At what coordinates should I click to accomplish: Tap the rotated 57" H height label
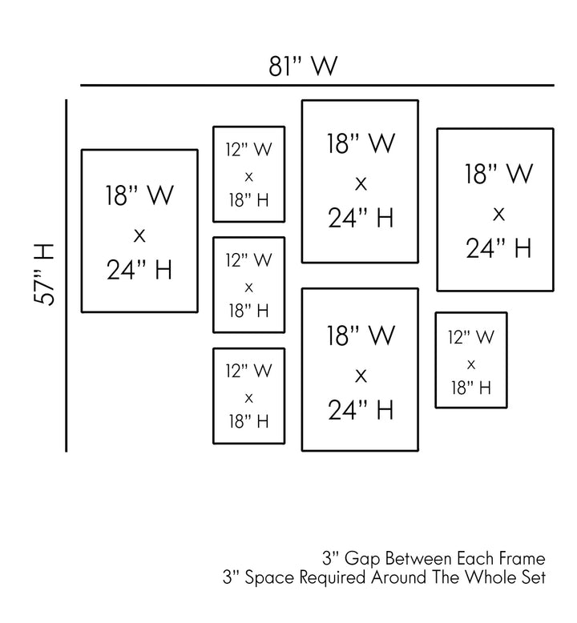45,274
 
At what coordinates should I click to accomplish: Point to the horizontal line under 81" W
317,85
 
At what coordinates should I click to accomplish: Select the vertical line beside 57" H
67,275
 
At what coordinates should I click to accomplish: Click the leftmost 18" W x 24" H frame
139,231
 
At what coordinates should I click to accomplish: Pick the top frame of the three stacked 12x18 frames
248,174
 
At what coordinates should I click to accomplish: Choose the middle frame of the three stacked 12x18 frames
248,285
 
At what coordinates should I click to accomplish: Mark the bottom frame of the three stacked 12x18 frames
248,396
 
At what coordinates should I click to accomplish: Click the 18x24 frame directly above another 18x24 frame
360,181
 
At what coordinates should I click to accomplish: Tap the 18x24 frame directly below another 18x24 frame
360,369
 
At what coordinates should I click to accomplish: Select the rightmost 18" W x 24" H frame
495,210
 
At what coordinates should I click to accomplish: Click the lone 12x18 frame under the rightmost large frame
471,360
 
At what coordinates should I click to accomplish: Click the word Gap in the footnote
361,558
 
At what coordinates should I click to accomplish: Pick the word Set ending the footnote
535,577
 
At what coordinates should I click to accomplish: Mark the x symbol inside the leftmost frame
139,234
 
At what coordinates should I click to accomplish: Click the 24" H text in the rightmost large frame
498,248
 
